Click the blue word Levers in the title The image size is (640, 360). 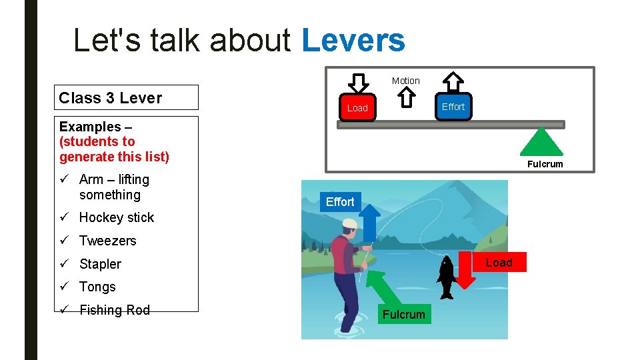pyautogui.click(x=353, y=40)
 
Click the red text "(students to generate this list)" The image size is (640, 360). pyautogui.click(x=114, y=149)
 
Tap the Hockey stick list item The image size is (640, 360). pyautogui.click(x=116, y=217)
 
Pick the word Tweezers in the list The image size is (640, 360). pyautogui.click(x=107, y=241)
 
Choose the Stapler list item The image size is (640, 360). pyautogui.click(x=100, y=264)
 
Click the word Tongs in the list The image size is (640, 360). pyautogui.click(x=97, y=287)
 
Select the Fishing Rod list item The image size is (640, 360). pyautogui.click(x=114, y=310)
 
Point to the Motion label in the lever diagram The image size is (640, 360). pyautogui.click(x=405, y=81)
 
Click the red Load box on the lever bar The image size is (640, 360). pyautogui.click(x=357, y=108)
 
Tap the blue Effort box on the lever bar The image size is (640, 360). pyautogui.click(x=453, y=107)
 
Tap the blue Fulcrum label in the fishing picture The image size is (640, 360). pyautogui.click(x=404, y=315)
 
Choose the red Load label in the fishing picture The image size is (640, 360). pyautogui.click(x=499, y=262)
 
